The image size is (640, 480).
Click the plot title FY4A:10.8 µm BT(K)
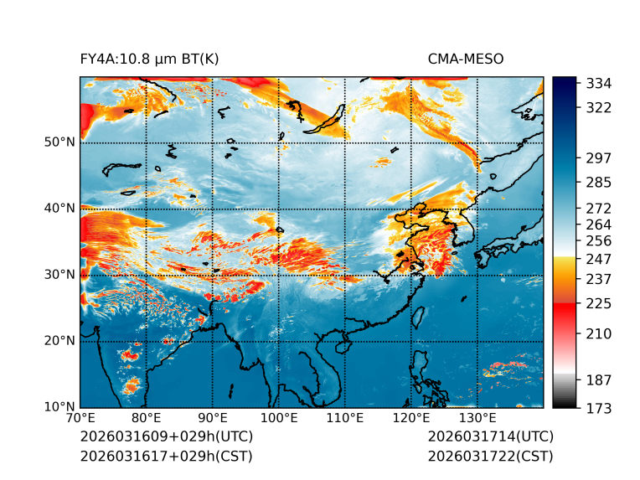(150, 59)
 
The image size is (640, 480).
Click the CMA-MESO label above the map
(465, 59)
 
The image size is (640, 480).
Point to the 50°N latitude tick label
(59, 142)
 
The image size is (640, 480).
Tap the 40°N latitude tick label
(59, 208)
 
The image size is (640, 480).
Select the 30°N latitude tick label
(59, 274)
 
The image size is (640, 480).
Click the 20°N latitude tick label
(59, 341)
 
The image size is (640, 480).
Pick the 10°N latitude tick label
(59, 407)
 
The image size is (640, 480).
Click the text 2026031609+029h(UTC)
(166, 436)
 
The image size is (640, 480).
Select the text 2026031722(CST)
(490, 456)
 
